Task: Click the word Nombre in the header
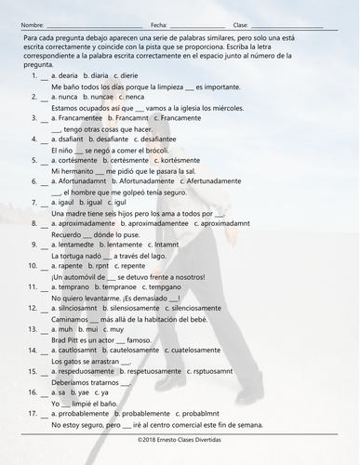(x=31, y=24)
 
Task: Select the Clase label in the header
(x=241, y=24)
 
